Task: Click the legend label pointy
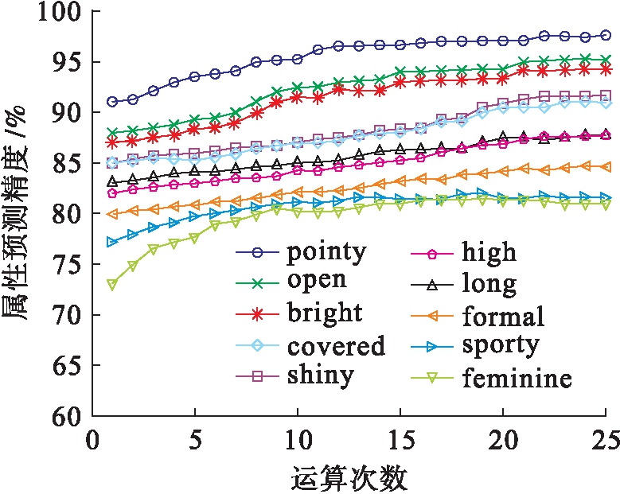326,253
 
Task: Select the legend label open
317,279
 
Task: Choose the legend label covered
335,345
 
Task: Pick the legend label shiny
320,374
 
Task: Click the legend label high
489,253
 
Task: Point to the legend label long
488,283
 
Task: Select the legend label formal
502,316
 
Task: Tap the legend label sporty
499,346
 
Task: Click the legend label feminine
516,377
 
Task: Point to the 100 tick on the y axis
57,13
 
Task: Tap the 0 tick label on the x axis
92,440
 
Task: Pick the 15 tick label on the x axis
400,440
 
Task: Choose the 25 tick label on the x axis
604,440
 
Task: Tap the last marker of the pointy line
606,35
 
